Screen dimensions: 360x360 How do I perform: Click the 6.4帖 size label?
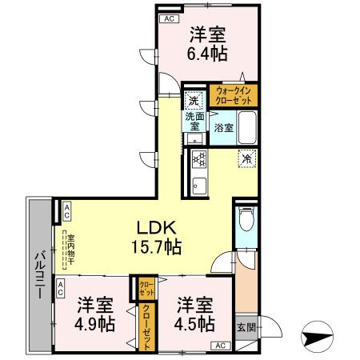[x=208, y=54]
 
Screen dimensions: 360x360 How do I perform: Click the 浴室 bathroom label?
[x=223, y=126]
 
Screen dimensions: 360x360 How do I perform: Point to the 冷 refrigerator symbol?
[x=247, y=158]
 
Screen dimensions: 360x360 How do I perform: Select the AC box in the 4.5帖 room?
[x=218, y=346]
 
